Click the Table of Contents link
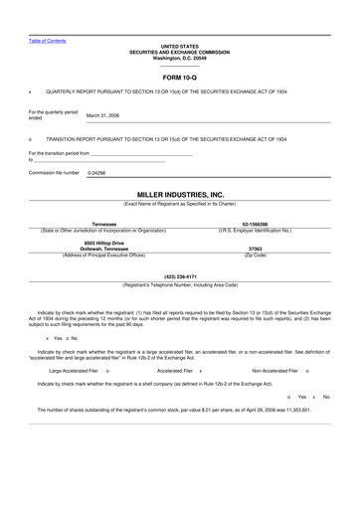(48, 41)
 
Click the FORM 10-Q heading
(179, 77)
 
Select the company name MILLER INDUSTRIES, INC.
(179, 195)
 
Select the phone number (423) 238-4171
(179, 276)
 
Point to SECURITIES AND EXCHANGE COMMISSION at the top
(179, 51)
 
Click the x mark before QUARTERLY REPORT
(30, 90)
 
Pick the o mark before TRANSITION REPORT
(30, 139)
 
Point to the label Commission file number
(54, 173)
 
